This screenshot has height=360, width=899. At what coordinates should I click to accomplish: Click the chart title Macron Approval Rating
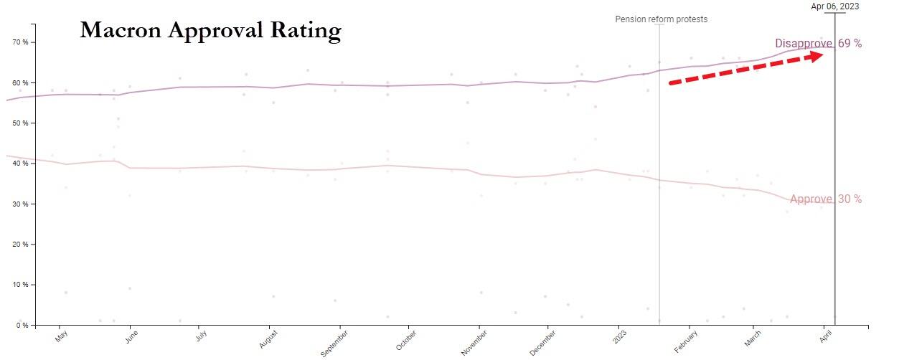tap(210, 30)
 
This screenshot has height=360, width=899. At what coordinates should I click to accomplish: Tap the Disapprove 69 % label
tap(818, 44)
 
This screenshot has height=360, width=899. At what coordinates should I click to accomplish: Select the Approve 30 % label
tap(825, 199)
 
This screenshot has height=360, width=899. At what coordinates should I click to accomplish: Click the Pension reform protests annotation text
tap(661, 19)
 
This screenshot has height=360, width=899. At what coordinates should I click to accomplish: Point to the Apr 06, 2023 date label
tap(834, 6)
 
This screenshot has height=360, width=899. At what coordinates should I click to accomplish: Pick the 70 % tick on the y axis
tap(21, 42)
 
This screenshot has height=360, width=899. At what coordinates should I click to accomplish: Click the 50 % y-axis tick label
tap(21, 123)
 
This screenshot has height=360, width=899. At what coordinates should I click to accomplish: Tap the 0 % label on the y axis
tap(23, 326)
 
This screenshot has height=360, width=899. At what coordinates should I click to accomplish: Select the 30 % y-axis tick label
tap(21, 204)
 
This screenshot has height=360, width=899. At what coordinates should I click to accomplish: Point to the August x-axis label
tap(268, 338)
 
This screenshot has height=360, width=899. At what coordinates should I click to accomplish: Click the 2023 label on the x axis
tap(618, 336)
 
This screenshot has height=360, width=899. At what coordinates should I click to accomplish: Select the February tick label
tap(687, 339)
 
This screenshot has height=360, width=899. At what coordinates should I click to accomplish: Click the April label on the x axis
tap(825, 336)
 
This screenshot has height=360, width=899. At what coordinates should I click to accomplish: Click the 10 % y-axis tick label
tap(21, 285)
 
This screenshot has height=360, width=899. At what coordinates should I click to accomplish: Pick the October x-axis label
tap(405, 339)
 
